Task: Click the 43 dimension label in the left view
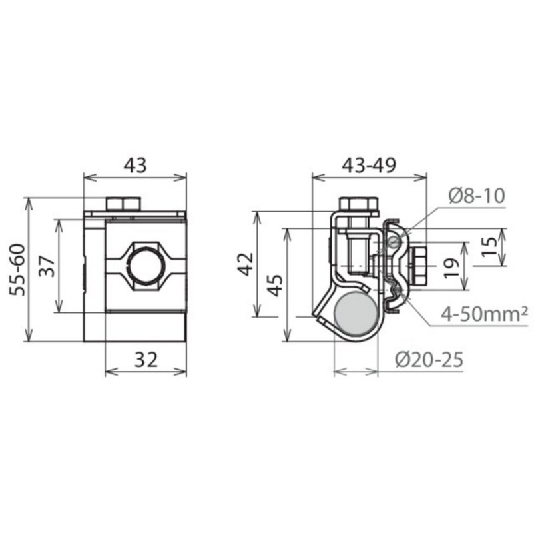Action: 136,165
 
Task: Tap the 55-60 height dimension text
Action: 17,270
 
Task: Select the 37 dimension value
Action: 47,266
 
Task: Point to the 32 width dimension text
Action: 146,360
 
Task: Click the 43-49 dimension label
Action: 369,165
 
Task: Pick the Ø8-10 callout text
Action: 477,196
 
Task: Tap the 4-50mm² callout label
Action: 484,314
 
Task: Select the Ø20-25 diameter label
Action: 429,360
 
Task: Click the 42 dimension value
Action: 246,264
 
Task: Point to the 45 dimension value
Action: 275,285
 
